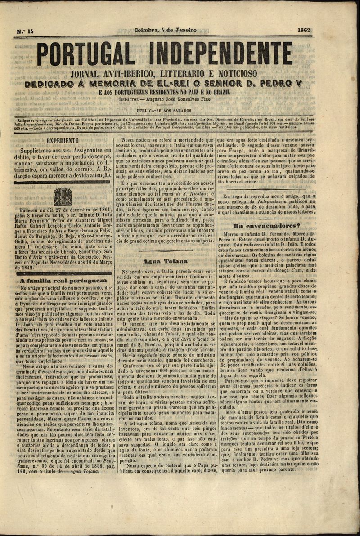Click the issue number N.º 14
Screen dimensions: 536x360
click(25, 32)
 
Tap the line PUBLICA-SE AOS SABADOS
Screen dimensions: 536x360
click(164, 110)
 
